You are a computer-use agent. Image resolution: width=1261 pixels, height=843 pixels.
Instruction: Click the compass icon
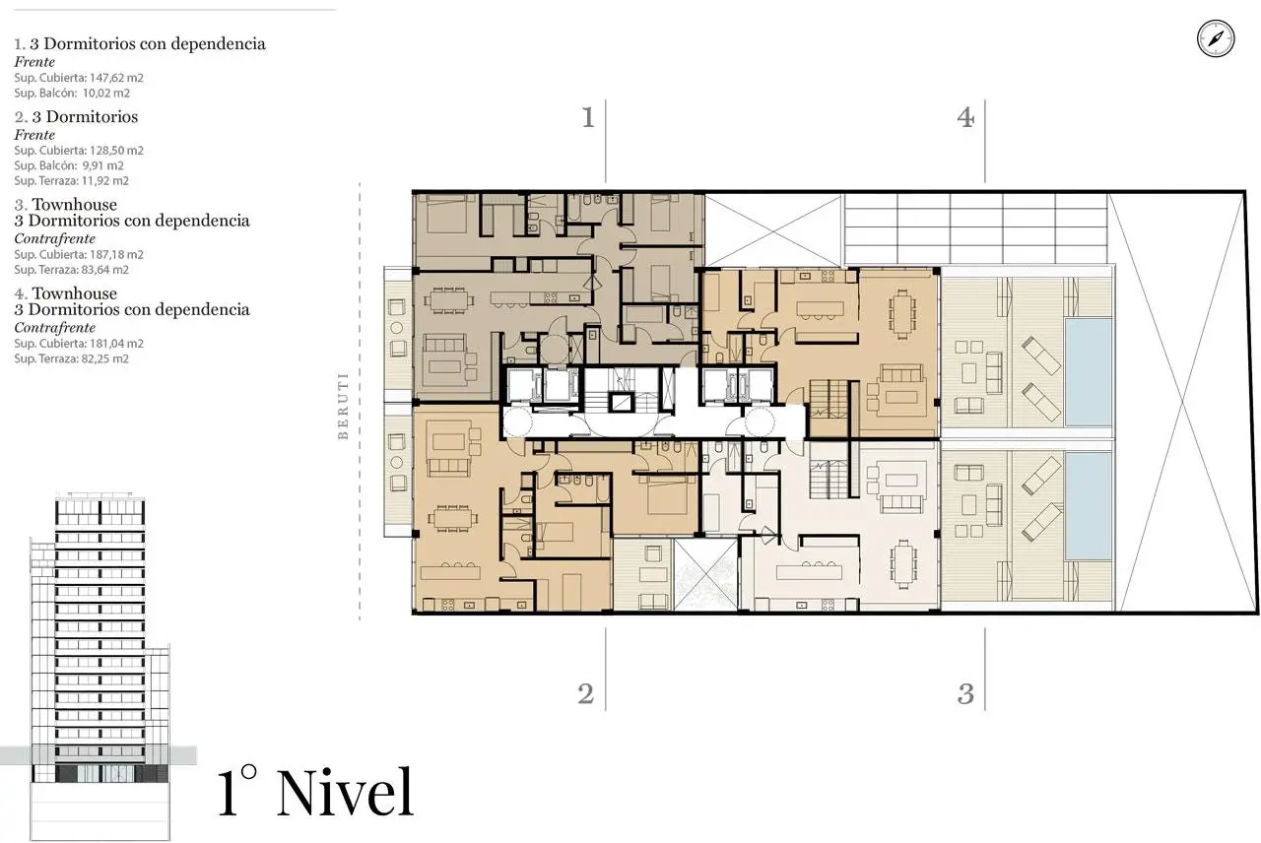(1216, 38)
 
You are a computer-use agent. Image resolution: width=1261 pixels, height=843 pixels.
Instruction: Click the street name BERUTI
(343, 405)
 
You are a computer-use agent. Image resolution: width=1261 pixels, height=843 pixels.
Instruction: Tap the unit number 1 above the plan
(588, 117)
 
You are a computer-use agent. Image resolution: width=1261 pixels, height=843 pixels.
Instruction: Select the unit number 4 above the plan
(965, 117)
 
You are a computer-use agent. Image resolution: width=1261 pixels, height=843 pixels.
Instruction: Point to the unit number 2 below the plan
(585, 693)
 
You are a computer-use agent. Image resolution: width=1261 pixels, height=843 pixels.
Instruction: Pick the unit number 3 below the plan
(965, 694)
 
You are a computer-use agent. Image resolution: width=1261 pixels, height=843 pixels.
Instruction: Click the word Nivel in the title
(345, 792)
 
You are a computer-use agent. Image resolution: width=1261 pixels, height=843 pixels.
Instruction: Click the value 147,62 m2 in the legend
(116, 78)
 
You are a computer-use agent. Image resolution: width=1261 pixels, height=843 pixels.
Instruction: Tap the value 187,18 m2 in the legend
(116, 254)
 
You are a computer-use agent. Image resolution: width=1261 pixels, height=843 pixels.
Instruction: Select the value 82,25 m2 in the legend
(105, 358)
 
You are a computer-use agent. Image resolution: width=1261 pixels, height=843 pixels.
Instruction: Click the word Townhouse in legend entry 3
(74, 204)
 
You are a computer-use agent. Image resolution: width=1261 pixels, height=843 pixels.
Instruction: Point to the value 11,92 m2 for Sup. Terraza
(105, 180)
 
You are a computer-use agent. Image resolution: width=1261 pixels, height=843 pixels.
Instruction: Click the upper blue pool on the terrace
(1089, 372)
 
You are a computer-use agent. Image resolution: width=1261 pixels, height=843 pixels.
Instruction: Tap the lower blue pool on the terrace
(1089, 505)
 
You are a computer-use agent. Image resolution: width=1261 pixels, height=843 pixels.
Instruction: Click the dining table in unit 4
(902, 313)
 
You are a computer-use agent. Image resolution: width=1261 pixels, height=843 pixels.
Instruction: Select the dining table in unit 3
(903, 564)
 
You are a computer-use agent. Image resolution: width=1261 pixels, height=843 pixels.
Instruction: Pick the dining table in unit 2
(452, 518)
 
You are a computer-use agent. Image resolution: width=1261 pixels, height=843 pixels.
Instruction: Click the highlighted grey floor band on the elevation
(99, 755)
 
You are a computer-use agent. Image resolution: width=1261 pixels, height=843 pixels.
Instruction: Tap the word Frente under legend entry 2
(34, 135)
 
